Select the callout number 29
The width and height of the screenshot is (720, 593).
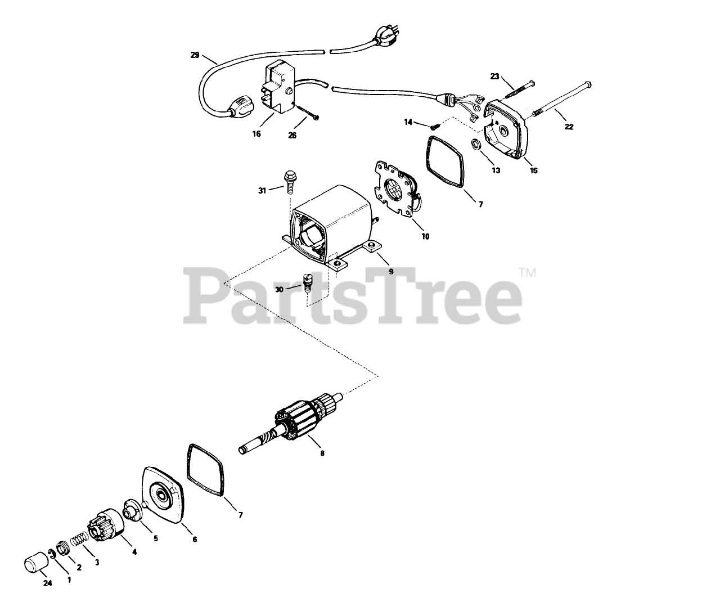(195, 55)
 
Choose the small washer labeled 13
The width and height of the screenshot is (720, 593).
(474, 146)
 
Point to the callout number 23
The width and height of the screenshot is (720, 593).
(494, 77)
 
